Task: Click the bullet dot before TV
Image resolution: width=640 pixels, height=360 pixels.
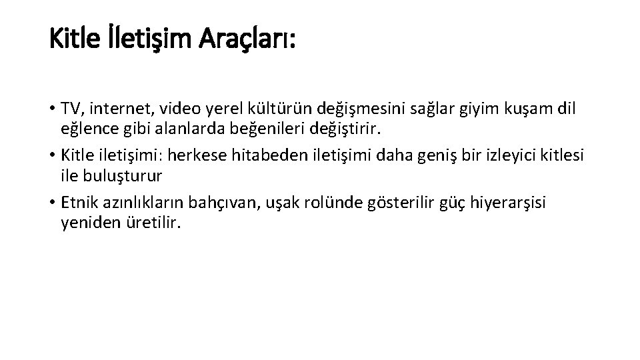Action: pos(53,109)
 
